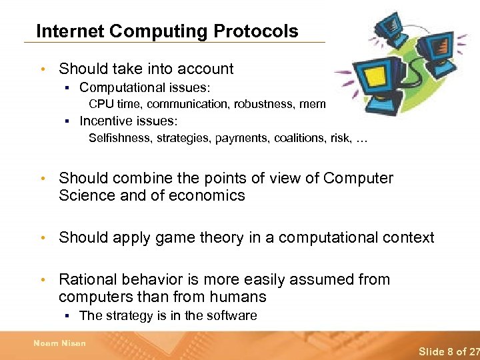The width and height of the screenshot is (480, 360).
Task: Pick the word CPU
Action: (101, 103)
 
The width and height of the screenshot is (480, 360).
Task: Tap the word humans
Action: (237, 297)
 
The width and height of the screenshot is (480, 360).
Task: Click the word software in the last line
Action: (233, 316)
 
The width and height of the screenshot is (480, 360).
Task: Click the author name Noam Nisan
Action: (60, 343)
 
